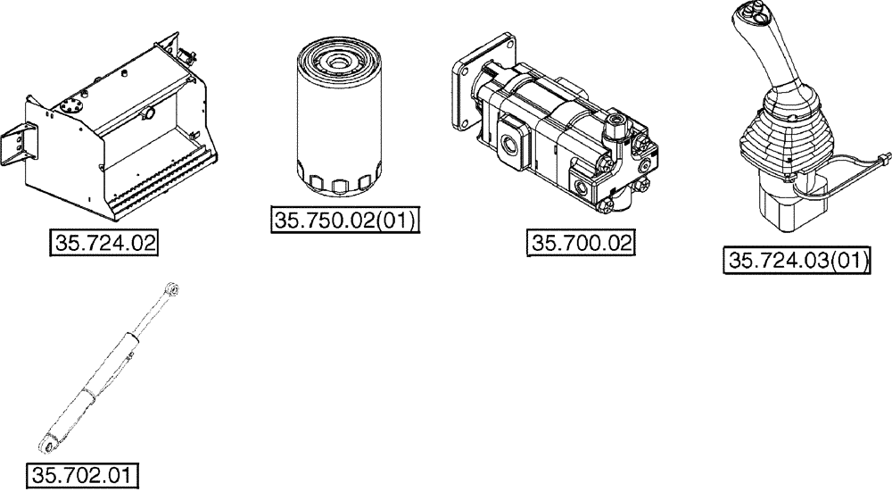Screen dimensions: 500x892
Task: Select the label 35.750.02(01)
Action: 344,220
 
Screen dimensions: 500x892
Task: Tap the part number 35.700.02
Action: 581,242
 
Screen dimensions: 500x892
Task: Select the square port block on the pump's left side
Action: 516,141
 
